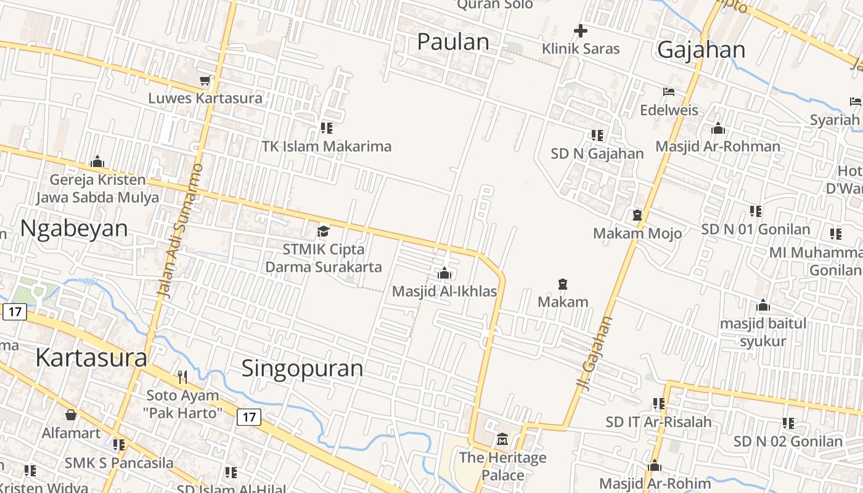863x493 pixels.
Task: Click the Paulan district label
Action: click(x=453, y=42)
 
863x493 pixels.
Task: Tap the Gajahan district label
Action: click(x=701, y=50)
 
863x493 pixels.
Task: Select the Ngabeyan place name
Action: click(x=74, y=228)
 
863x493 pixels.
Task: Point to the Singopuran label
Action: click(x=302, y=369)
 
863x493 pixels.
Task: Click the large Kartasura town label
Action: click(x=91, y=357)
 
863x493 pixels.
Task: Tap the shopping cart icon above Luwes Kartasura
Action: click(x=205, y=81)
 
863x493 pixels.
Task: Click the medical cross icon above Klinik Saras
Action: click(x=580, y=30)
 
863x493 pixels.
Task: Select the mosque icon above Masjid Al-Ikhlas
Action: click(x=444, y=273)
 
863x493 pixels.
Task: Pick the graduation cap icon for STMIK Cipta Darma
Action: click(x=323, y=231)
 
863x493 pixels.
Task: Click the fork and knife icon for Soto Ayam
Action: click(x=182, y=377)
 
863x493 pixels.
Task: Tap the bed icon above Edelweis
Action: click(x=669, y=92)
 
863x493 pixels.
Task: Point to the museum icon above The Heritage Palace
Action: click(x=502, y=439)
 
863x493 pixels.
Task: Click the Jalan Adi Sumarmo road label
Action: click(x=180, y=231)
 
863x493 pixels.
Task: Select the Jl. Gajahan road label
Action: click(x=595, y=351)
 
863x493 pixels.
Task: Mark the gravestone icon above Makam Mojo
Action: click(x=637, y=215)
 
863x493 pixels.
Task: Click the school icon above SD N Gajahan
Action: click(x=597, y=135)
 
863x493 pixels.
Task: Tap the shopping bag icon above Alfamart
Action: click(x=71, y=415)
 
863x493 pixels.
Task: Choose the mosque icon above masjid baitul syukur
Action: click(x=763, y=305)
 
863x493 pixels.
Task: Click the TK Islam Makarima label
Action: click(x=327, y=147)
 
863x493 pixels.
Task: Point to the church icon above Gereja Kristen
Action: click(x=97, y=162)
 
